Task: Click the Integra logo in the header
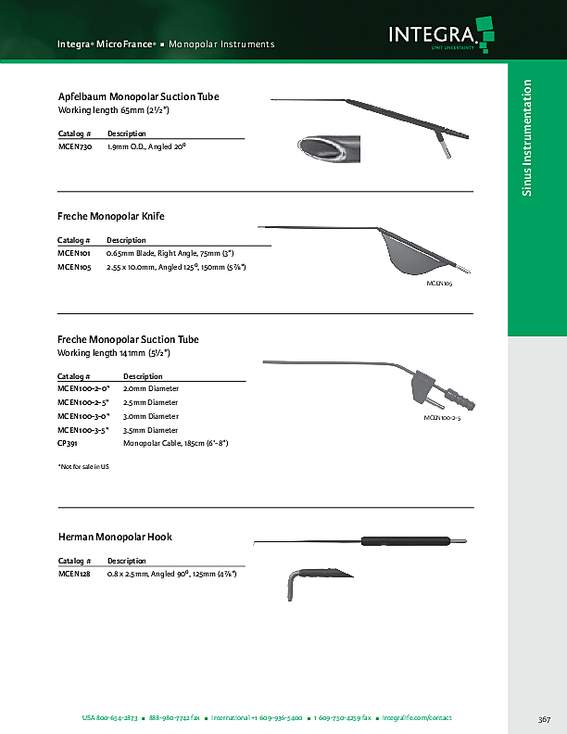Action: point(440,36)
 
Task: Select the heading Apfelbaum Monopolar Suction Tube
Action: point(138,96)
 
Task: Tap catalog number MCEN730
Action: point(74,146)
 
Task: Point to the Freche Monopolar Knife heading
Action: point(111,216)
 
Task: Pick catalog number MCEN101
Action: point(73,252)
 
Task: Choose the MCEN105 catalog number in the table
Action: point(74,267)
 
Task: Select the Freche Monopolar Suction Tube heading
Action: point(128,340)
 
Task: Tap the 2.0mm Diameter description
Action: point(150,389)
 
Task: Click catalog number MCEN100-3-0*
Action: point(83,416)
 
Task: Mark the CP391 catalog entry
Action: point(69,444)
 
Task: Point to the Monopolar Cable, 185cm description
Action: point(175,444)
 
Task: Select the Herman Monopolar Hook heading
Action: point(115,537)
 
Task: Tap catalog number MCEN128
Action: point(73,574)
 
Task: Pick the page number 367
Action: point(544,718)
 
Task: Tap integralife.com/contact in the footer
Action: point(419,718)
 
